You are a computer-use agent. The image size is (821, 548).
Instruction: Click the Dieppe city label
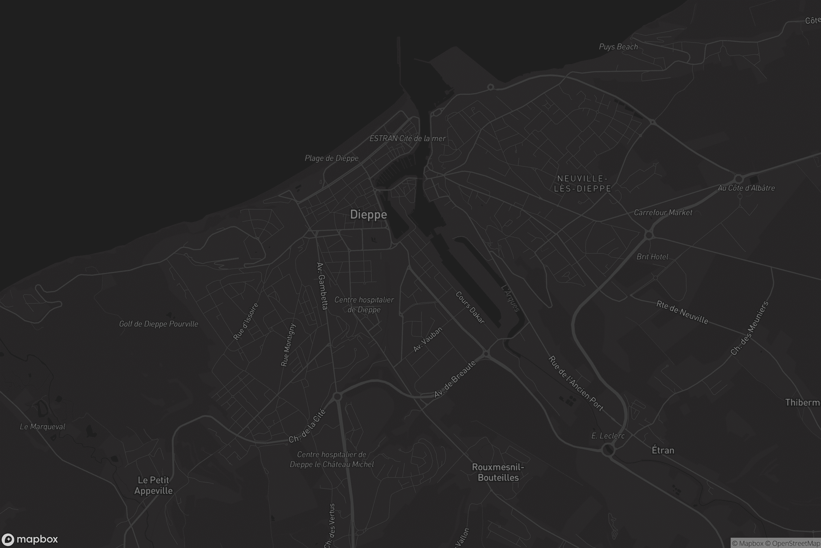pos(368,214)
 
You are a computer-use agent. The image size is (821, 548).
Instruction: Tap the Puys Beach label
pos(618,47)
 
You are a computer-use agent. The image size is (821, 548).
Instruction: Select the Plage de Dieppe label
pos(331,158)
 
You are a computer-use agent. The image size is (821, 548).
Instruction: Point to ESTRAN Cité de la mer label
pos(407,138)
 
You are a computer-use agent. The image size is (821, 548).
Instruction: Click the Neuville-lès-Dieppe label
pos(583,184)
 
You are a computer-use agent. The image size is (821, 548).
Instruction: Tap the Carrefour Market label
pos(663,212)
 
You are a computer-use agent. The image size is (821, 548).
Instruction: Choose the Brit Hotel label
pos(652,257)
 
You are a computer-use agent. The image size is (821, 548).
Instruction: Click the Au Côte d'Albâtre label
pos(746,188)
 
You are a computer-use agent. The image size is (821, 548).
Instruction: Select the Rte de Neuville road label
pos(682,312)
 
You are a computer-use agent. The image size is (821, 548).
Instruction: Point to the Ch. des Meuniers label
pos(750,328)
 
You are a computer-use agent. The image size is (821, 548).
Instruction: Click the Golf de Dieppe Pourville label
pos(158,324)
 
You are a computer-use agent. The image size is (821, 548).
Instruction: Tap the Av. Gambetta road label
pos(322,286)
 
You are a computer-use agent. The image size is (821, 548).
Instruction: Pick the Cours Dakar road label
pos(470,308)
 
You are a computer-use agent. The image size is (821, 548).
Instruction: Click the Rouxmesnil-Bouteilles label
pos(498,472)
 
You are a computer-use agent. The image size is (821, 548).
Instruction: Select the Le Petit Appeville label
pos(153,485)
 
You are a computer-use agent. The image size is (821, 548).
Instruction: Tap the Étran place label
pos(663,450)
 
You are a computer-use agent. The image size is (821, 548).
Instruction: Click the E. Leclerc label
pos(608,436)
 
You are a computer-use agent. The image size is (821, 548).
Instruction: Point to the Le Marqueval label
pos(42,427)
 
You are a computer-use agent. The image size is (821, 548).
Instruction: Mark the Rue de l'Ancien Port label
pos(576,383)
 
